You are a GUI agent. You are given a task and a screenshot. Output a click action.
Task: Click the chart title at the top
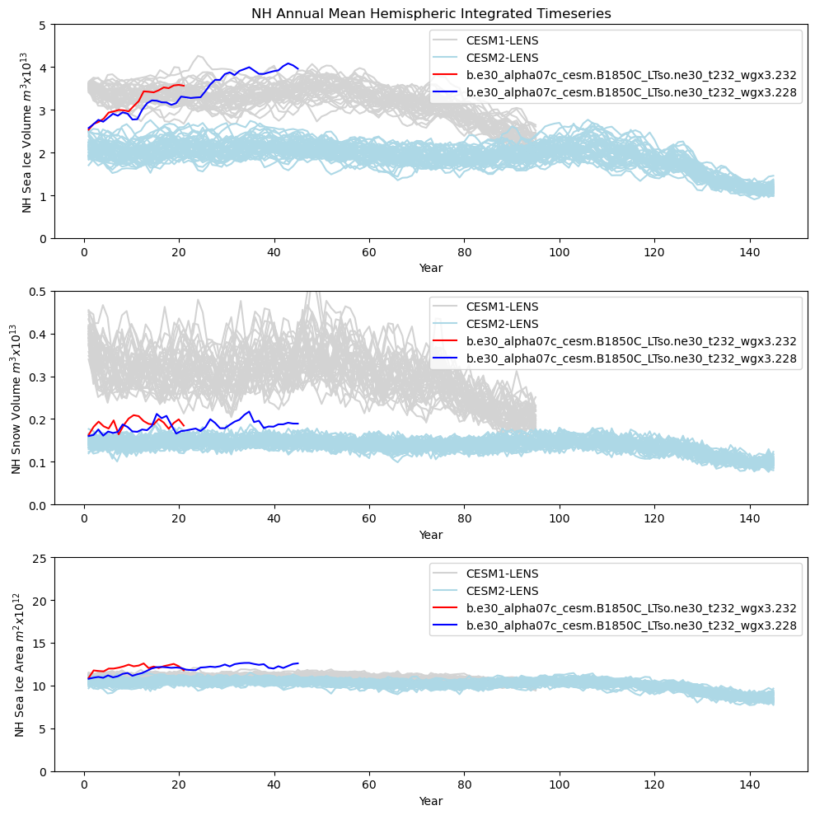(431, 13)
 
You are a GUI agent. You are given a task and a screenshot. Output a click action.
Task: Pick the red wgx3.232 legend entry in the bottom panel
(631, 608)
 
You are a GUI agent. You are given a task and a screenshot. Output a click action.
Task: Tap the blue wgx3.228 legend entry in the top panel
(631, 92)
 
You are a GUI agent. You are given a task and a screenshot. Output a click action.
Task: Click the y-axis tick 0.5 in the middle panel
(38, 291)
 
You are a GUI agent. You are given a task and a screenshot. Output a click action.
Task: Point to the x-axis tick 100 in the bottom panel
(560, 784)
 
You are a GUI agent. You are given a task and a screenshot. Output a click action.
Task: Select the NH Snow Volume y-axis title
(16, 398)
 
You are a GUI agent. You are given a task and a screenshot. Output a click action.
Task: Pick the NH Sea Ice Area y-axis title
(20, 664)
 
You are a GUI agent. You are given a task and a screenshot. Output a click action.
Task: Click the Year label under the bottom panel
(431, 801)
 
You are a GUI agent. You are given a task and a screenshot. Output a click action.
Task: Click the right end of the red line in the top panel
(183, 86)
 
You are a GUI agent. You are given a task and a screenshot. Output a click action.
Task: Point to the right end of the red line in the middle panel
(183, 426)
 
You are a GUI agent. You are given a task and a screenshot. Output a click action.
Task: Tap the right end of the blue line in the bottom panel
(297, 663)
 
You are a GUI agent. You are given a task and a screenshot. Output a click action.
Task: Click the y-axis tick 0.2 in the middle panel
(38, 419)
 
